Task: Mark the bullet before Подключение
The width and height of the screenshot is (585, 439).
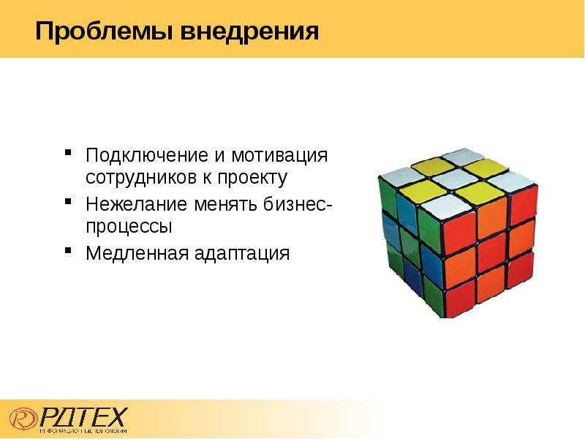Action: point(67,154)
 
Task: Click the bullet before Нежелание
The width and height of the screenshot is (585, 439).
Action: point(67,201)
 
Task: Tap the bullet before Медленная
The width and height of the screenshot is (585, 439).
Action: point(67,252)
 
